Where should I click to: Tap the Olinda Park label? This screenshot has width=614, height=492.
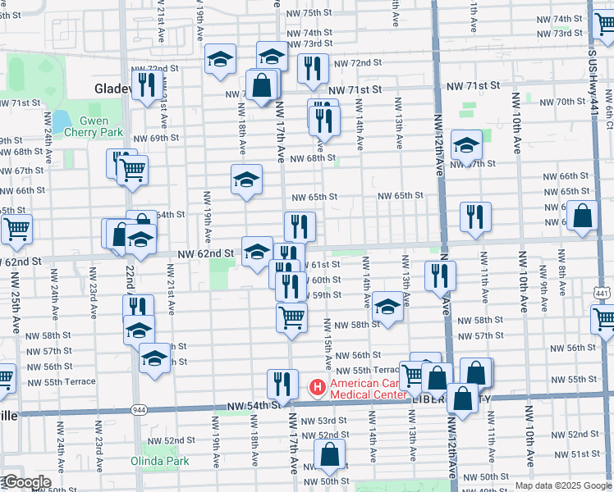(159, 461)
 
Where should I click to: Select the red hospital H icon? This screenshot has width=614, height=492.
(316, 386)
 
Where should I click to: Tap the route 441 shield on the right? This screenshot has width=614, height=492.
(602, 294)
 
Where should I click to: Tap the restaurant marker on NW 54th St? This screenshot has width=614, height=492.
(282, 382)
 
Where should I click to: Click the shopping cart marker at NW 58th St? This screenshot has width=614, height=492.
(291, 317)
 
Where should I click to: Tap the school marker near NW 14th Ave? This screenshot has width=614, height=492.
(387, 307)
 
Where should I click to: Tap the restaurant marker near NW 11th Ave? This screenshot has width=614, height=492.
(475, 216)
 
